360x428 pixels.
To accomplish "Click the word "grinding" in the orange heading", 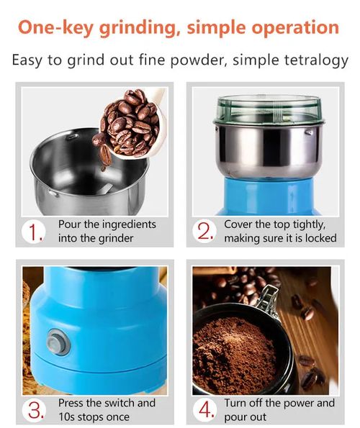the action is click(x=139, y=28).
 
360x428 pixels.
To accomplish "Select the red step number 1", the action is click(x=35, y=233).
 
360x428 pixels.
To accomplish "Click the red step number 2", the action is click(x=205, y=232).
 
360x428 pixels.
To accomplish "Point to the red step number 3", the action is click(x=36, y=410).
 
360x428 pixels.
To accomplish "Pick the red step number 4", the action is click(x=206, y=410).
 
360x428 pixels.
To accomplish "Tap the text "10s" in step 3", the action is click(x=66, y=417).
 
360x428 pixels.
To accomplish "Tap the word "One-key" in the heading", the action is click(x=55, y=28).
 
